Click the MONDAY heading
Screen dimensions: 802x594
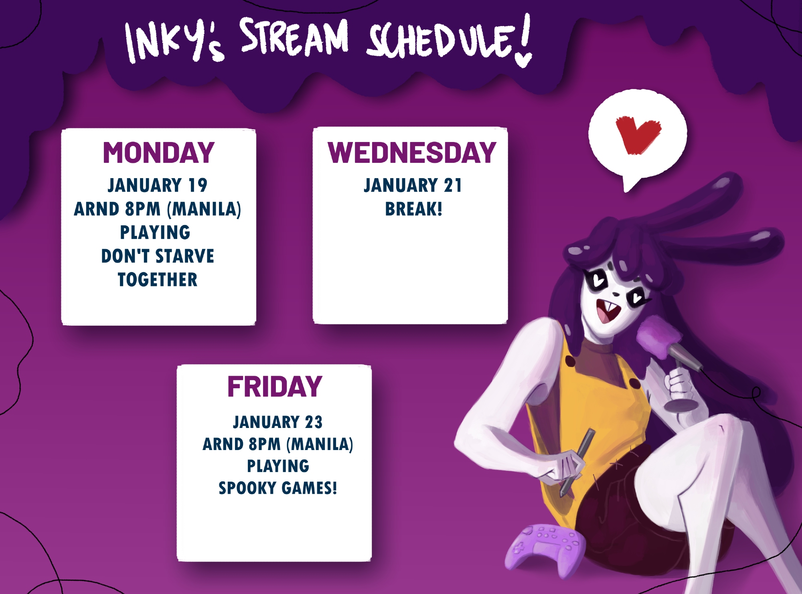click(159, 153)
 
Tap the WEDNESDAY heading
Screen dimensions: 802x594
click(412, 153)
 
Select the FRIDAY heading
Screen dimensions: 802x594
click(275, 387)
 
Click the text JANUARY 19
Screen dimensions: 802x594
click(158, 185)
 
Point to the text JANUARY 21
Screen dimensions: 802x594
click(413, 185)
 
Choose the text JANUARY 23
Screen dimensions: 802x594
click(277, 422)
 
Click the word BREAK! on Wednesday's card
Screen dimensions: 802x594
click(413, 209)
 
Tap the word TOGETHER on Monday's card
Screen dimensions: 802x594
click(158, 280)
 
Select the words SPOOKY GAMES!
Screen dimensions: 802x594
click(277, 488)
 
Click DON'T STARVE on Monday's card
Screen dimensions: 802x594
click(158, 256)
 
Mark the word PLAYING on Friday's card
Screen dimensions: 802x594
click(278, 466)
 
